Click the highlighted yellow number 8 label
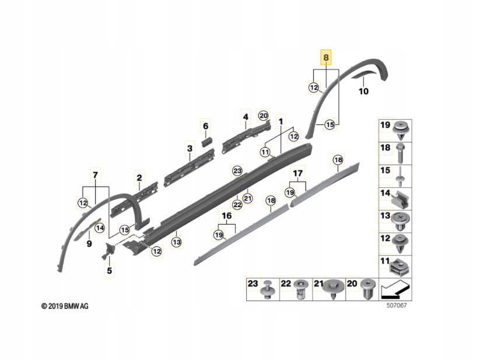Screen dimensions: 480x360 (x=325, y=57)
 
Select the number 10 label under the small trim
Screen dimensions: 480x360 (x=363, y=91)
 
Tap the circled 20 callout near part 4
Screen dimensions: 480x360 (x=263, y=116)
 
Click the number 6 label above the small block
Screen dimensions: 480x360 (x=205, y=126)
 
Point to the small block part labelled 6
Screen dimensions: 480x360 (x=206, y=142)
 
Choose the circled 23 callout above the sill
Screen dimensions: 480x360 (x=237, y=171)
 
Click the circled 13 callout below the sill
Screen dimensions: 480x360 (x=177, y=242)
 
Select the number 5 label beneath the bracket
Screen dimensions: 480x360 (x=109, y=271)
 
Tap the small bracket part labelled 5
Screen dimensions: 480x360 (x=108, y=250)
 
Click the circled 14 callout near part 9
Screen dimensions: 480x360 (x=100, y=228)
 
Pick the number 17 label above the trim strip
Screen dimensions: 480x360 (x=298, y=173)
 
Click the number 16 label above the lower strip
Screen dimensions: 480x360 (x=226, y=216)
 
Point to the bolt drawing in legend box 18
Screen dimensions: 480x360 (x=401, y=153)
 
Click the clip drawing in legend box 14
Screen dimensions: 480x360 (x=401, y=200)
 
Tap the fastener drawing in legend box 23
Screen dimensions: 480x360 (x=268, y=289)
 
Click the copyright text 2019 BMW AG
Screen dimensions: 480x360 (x=65, y=306)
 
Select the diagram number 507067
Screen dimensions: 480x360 (x=397, y=305)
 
